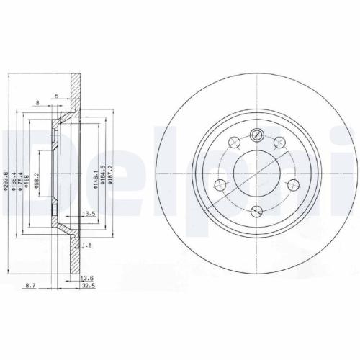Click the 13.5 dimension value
tap(90, 214)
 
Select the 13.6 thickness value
tap(86, 279)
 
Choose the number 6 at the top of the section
tap(55, 95)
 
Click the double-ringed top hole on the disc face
tap(257, 135)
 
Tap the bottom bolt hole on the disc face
tap(257, 211)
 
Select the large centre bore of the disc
tap(257, 173)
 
